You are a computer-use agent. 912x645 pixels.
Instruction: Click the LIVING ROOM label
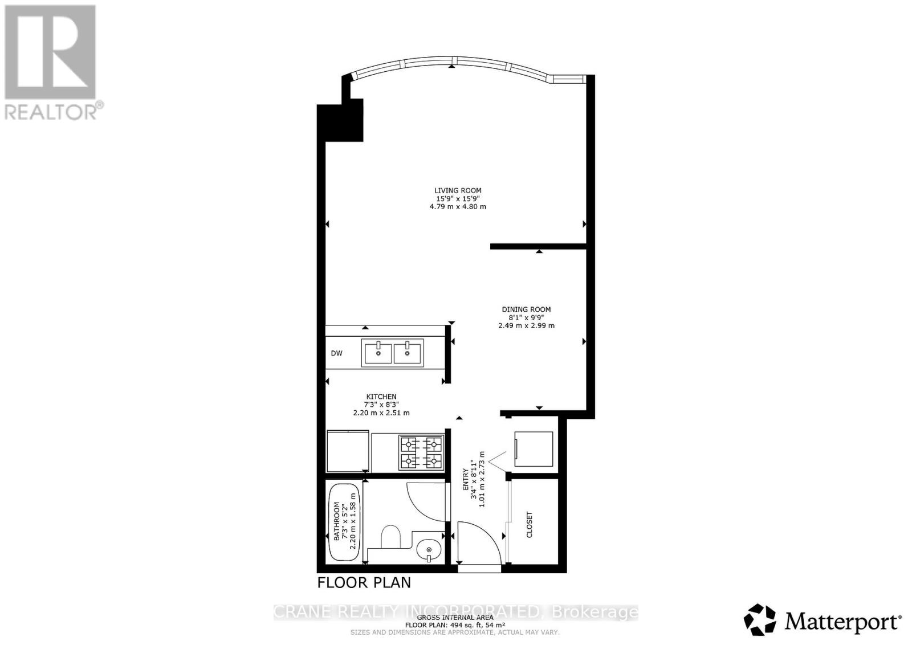click(x=458, y=190)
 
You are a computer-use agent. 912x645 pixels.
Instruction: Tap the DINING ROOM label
click(x=526, y=309)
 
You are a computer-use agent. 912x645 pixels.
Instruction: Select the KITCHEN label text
click(x=381, y=397)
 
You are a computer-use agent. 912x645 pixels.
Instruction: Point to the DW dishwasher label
click(x=337, y=353)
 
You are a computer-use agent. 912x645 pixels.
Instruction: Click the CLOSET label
click(x=530, y=525)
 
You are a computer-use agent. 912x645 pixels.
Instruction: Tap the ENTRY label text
click(x=466, y=480)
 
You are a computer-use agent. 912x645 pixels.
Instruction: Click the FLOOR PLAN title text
click(x=364, y=582)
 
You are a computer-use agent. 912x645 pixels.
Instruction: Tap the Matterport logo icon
click(x=760, y=619)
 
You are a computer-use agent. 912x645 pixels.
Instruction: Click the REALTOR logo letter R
click(x=50, y=52)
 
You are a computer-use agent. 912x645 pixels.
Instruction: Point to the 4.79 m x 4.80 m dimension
click(x=458, y=207)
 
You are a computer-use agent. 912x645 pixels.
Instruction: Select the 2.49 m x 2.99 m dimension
click(x=526, y=326)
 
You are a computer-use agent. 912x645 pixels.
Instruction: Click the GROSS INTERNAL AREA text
click(x=455, y=617)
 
